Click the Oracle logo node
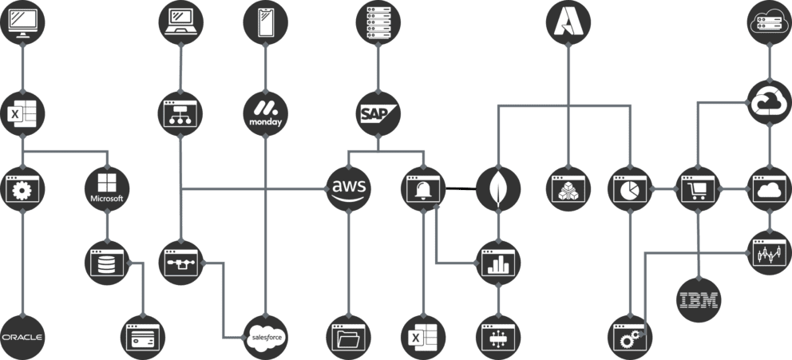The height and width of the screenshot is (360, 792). (22, 337)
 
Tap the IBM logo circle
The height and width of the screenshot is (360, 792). (699, 300)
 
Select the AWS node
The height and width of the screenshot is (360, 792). (349, 188)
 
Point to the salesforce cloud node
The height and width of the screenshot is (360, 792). (264, 337)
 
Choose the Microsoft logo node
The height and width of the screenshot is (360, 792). (107, 188)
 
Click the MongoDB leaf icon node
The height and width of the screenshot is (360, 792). (498, 189)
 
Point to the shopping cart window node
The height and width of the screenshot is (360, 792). (699, 189)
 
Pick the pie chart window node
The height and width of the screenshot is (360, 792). (631, 189)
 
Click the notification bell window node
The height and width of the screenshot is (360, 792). (422, 189)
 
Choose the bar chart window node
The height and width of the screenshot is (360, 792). (498, 263)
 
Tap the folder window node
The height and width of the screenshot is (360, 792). (349, 337)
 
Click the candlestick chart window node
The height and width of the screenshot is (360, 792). (769, 254)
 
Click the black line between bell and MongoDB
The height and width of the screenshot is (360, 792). (460, 189)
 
